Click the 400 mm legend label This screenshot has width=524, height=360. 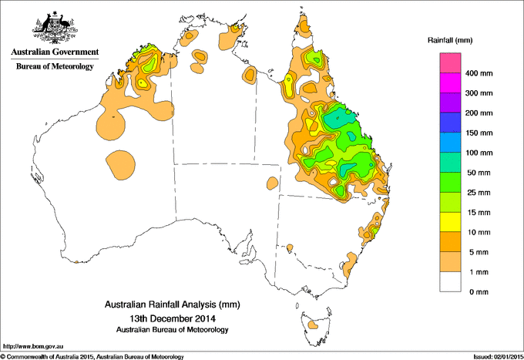tap(479, 74)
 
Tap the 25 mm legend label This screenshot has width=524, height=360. tap(477, 192)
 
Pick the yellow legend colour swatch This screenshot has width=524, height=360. tap(451, 222)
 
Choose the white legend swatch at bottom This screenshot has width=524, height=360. tap(451, 281)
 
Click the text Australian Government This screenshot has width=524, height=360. tap(55, 52)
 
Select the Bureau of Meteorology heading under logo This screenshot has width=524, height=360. tap(55, 67)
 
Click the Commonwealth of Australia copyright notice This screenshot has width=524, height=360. tap(92, 355)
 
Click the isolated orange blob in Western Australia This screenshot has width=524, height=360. tap(120, 164)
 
